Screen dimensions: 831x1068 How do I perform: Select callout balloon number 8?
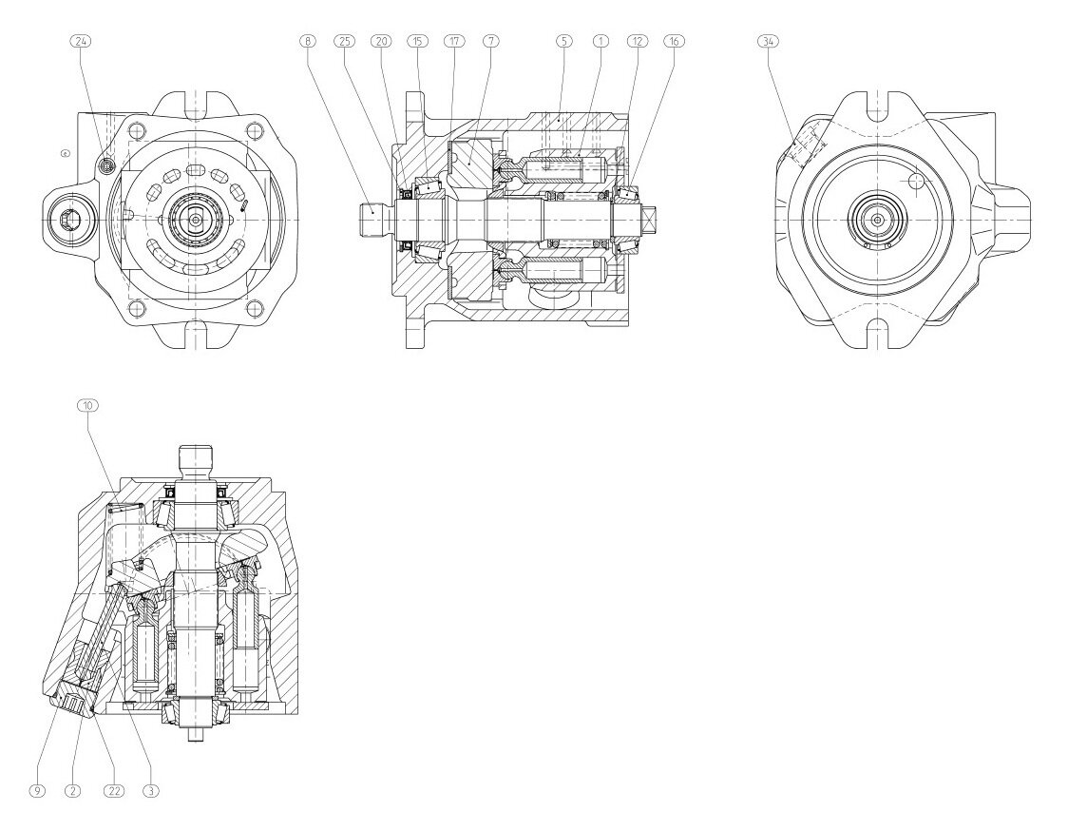[307, 41]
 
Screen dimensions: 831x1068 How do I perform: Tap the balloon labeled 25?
[344, 41]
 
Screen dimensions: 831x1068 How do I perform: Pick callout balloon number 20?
[381, 41]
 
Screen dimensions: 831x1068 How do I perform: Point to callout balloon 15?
[417, 41]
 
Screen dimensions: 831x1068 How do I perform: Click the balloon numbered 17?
[453, 41]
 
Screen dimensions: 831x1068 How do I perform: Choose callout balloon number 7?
[490, 41]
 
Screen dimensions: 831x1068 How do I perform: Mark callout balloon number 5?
[563, 41]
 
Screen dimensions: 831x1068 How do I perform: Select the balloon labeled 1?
[601, 41]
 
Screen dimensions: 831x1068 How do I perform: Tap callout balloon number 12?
[637, 41]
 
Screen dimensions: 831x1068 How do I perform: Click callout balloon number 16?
[674, 41]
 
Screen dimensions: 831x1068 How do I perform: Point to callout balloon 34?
[767, 41]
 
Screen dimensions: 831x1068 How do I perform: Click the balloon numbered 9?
[38, 790]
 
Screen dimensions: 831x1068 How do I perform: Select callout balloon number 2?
[74, 790]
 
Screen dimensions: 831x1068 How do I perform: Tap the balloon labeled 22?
[113, 790]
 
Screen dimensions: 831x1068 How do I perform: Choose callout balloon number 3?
[150, 790]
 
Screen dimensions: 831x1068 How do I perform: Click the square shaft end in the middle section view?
[652, 221]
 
